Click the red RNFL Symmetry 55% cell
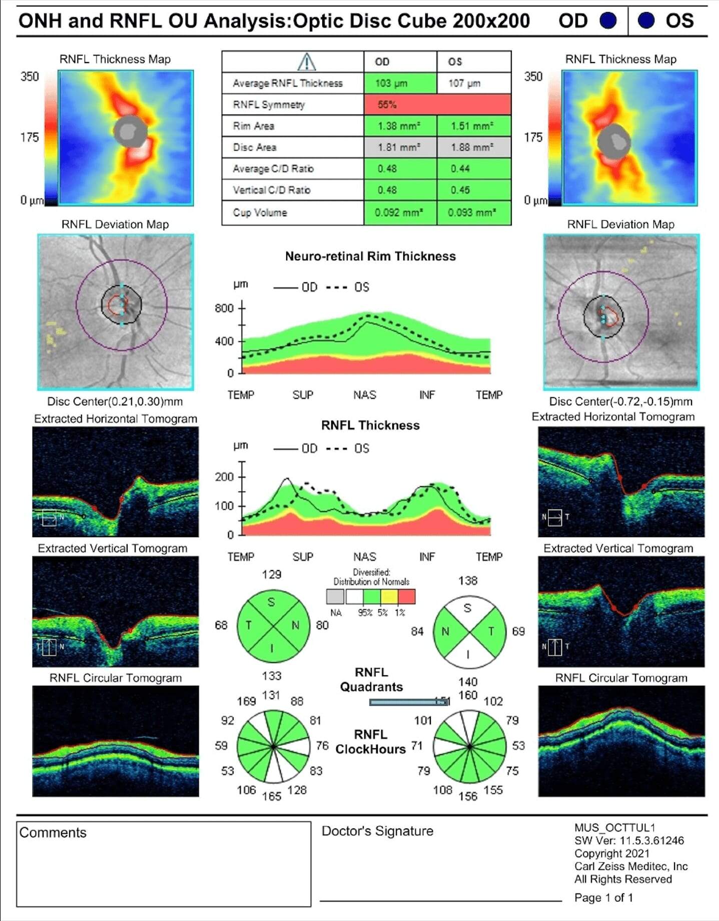coord(437,105)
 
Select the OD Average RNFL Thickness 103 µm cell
coord(400,83)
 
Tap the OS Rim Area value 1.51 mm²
coord(473,126)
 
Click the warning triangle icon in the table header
coord(306,62)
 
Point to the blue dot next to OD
coord(608,21)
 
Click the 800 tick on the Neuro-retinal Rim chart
coord(224,308)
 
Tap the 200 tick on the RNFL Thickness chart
coord(224,477)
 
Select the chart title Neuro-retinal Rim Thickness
coord(370,256)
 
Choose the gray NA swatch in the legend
coord(335,597)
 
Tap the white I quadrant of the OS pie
coord(468,654)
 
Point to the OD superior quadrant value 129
coord(271,575)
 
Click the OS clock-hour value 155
coord(493,790)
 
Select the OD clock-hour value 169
coord(246,701)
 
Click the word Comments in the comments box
coord(53,832)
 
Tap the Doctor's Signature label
coord(377,831)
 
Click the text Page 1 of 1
coord(603,897)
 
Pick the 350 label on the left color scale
coord(30,77)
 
